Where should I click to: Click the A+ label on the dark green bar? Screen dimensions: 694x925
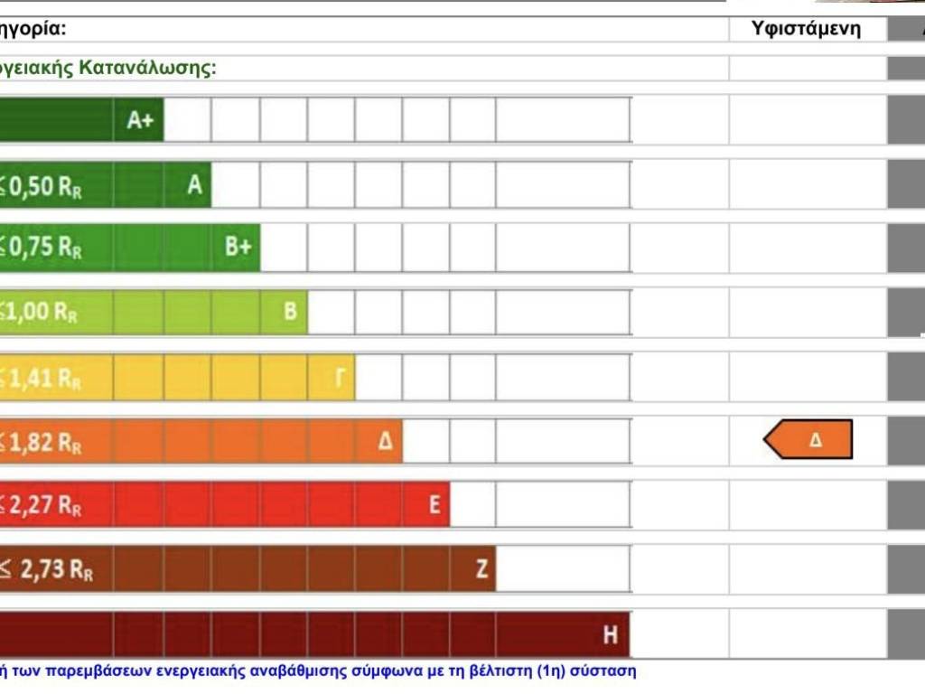coord(140,121)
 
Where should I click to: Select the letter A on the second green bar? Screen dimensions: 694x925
coord(194,185)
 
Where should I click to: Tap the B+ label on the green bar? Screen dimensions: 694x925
coord(238,248)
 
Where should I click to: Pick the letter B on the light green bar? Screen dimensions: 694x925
coord(290,312)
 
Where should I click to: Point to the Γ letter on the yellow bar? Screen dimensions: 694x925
coord(340,378)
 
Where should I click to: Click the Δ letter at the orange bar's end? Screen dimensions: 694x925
coord(386,442)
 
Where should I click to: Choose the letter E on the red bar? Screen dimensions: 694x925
coord(434,505)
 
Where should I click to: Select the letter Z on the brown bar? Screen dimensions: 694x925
coord(481,569)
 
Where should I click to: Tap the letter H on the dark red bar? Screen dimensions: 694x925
coord(611,635)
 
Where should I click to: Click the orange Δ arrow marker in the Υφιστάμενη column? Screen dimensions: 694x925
coord(808,440)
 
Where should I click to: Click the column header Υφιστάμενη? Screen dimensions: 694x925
coord(806,29)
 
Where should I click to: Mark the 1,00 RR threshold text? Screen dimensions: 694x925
coord(41,313)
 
